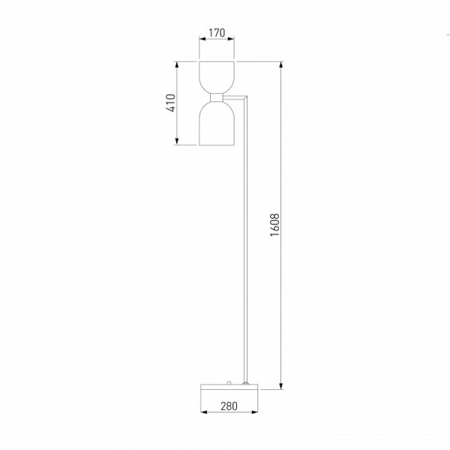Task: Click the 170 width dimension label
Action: pos(217,33)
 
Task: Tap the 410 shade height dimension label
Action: pos(171,103)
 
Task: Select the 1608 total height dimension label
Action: pos(274,225)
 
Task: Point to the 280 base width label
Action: pos(229,406)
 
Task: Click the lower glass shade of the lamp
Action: pos(217,124)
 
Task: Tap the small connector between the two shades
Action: pos(217,97)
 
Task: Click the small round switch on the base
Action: pos(229,382)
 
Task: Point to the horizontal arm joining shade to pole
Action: pos(235,97)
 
